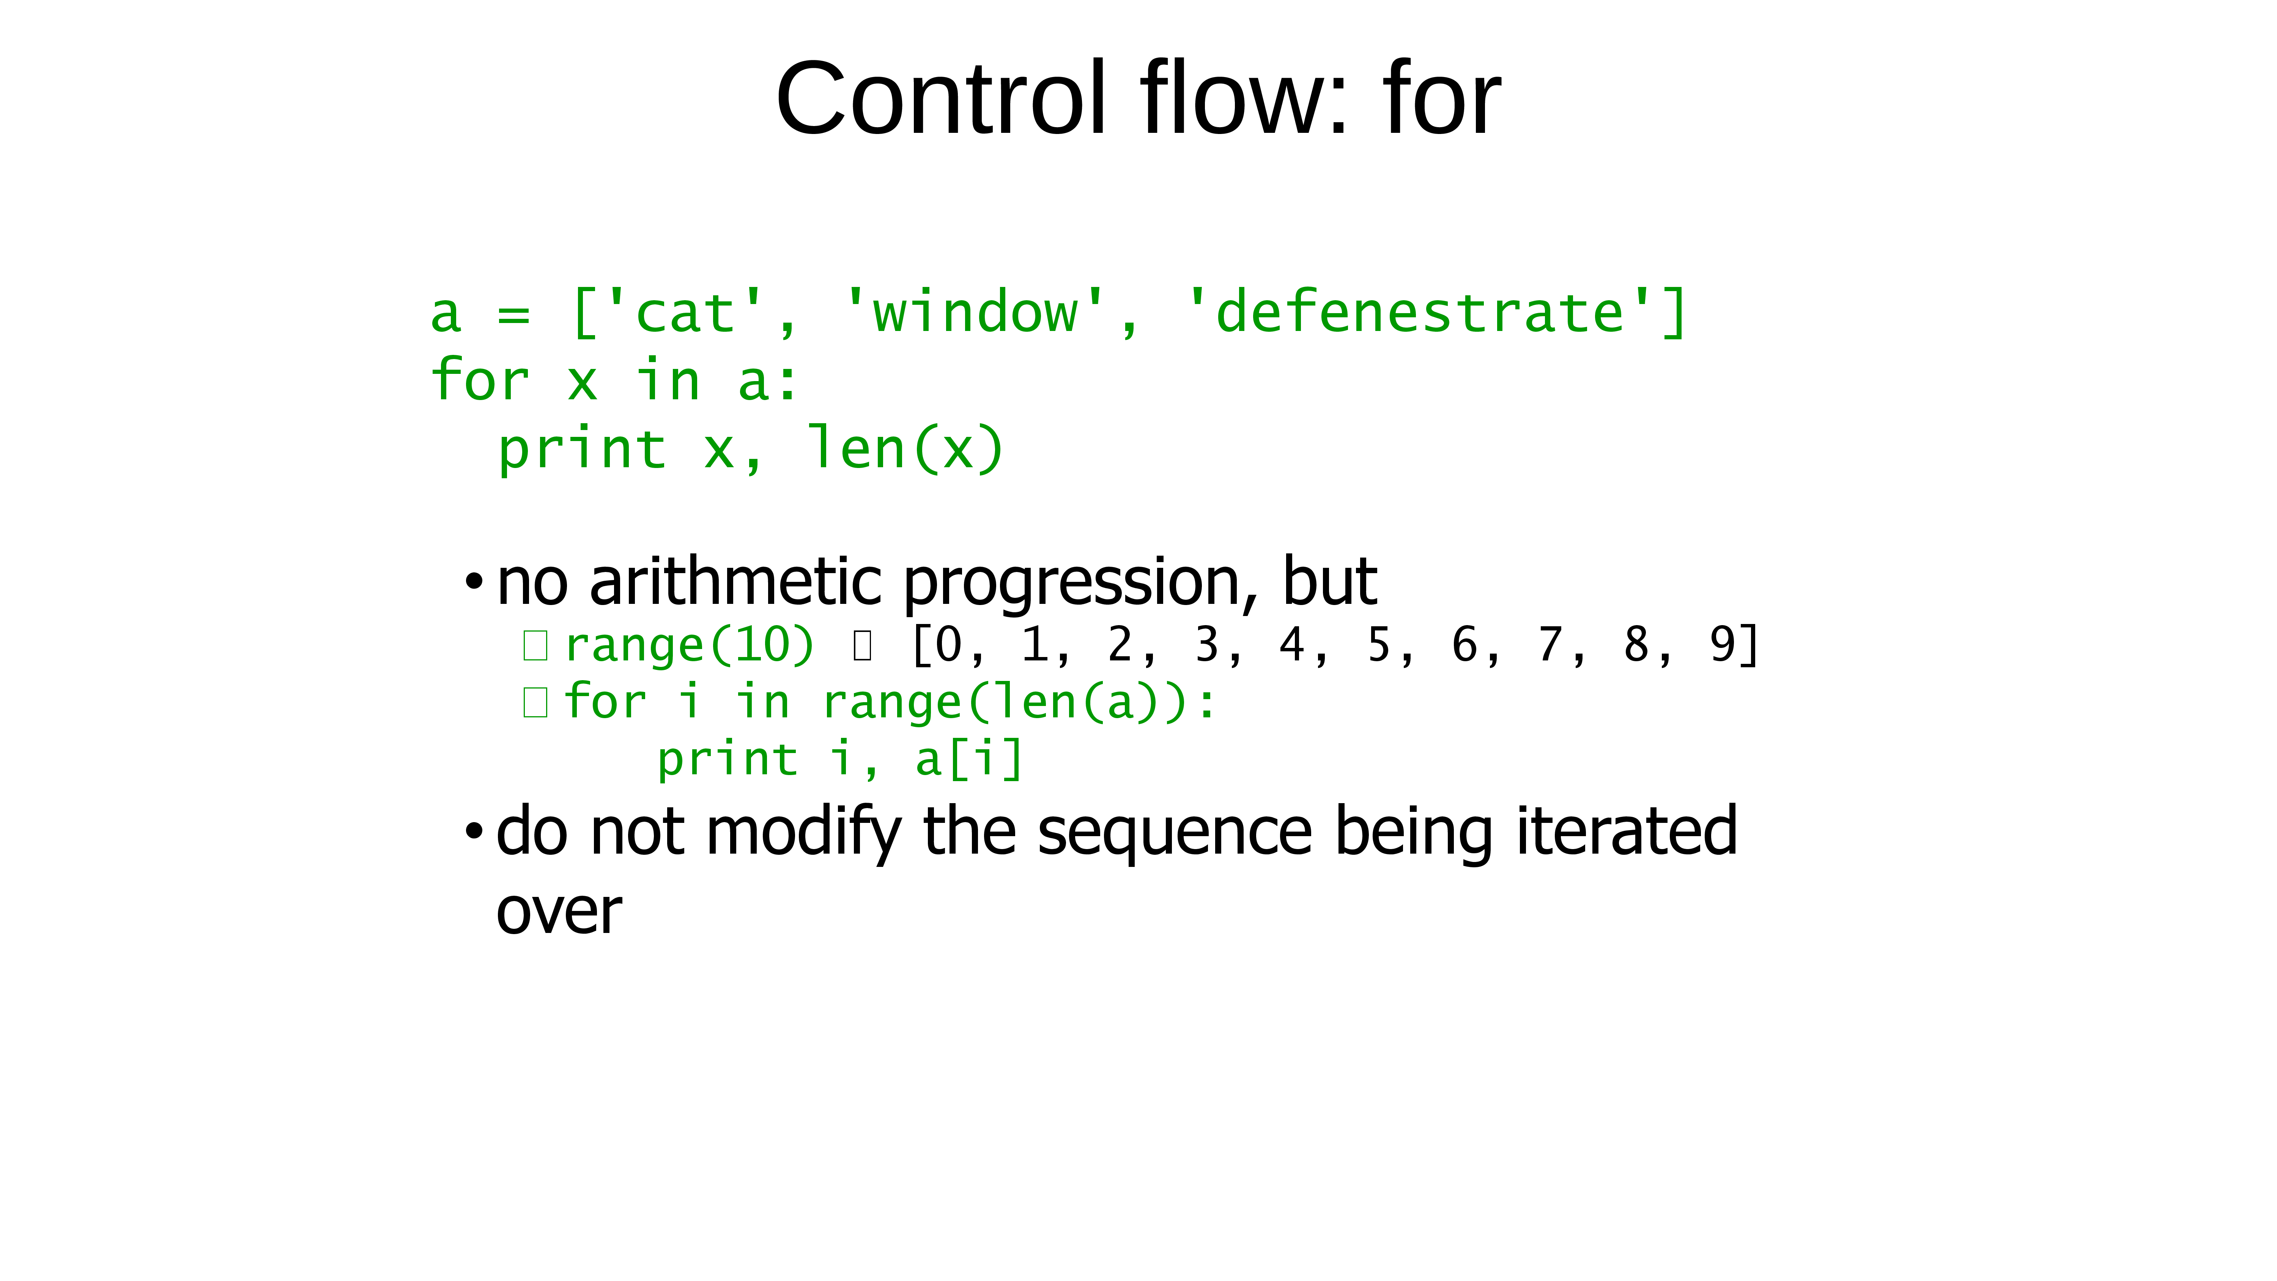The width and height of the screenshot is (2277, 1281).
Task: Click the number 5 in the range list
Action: [x=1378, y=644]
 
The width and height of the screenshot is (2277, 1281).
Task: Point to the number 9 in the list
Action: [x=1723, y=644]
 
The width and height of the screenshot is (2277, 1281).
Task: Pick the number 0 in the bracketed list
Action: [x=948, y=644]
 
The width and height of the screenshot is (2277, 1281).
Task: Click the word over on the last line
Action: [x=559, y=912]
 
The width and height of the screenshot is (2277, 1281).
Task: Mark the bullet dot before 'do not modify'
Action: [x=475, y=831]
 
